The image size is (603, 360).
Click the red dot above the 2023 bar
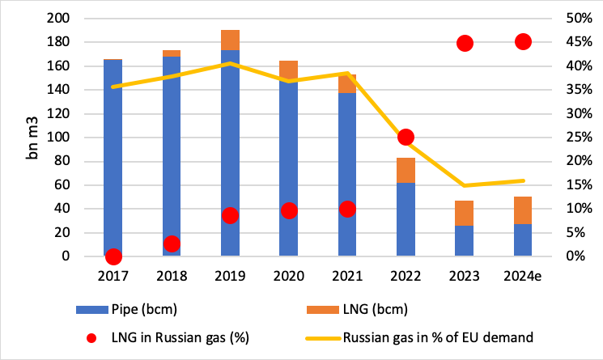[465, 44]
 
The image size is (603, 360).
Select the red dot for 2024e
[523, 42]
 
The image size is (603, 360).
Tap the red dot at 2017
[113, 256]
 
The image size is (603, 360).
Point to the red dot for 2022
[406, 138]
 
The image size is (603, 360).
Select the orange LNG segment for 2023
[465, 214]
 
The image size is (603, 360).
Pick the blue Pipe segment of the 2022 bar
[406, 219]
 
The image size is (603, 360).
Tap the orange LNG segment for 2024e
[523, 210]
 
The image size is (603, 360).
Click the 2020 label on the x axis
[289, 276]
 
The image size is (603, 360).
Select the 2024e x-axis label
[523, 276]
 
